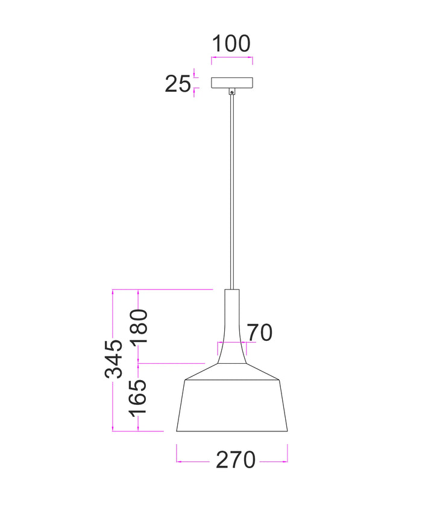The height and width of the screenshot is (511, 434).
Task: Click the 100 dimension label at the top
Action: click(x=231, y=43)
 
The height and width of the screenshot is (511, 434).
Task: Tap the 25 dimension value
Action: click(x=178, y=84)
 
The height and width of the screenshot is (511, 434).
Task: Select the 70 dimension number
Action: click(x=259, y=332)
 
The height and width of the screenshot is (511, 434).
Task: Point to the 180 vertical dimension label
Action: click(x=139, y=326)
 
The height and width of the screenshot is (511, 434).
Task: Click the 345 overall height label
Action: click(x=114, y=359)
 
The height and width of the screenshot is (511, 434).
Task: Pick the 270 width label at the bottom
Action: click(x=236, y=460)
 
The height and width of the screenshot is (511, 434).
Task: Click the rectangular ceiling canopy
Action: click(x=232, y=83)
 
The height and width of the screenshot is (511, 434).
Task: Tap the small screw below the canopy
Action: click(x=232, y=92)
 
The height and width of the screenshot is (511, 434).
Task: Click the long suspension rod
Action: click(x=232, y=192)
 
